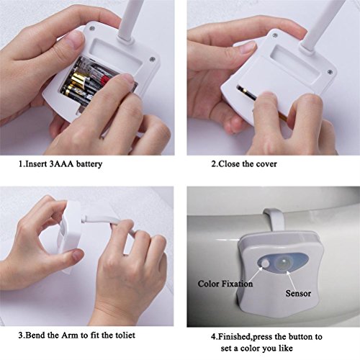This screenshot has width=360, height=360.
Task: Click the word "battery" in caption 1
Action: pos(89,164)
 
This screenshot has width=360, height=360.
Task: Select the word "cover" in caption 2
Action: pos(266,164)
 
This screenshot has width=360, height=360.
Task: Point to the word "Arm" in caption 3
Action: pos(71,335)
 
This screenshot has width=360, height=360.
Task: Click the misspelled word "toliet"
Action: pos(125,335)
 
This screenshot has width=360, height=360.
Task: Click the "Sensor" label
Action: pos(298,293)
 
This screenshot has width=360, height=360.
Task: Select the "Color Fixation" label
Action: pos(225,284)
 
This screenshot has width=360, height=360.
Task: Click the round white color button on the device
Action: pos(266,264)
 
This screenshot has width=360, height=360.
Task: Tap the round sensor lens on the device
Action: pos(284,262)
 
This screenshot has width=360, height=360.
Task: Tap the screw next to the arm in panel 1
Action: pos(92,29)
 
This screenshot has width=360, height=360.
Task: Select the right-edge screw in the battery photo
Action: pos(152,59)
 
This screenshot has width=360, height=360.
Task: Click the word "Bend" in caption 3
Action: pos(35,335)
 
